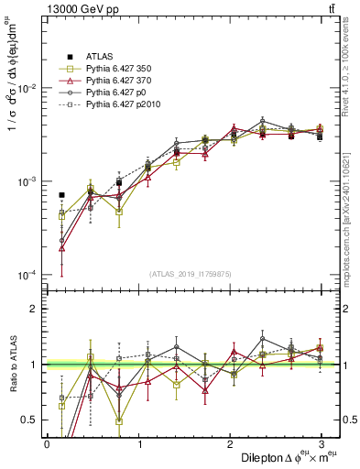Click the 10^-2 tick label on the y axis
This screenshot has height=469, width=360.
[25, 88]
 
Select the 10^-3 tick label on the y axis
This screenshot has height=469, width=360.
[25, 181]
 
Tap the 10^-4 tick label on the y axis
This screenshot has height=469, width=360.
[25, 275]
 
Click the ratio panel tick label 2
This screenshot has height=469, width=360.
[33, 309]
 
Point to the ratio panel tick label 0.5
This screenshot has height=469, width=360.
[29, 420]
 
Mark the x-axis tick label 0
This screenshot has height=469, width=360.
[47, 444]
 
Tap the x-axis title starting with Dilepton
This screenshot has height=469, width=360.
[283, 458]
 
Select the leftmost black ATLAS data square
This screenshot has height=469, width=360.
[61, 195]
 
